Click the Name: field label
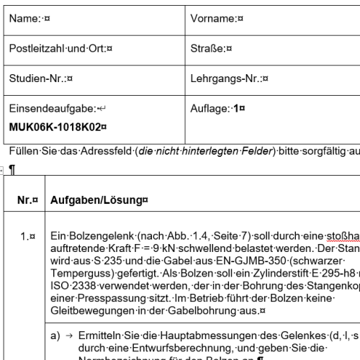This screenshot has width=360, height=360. click(24, 21)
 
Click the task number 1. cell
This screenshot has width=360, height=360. click(27, 235)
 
